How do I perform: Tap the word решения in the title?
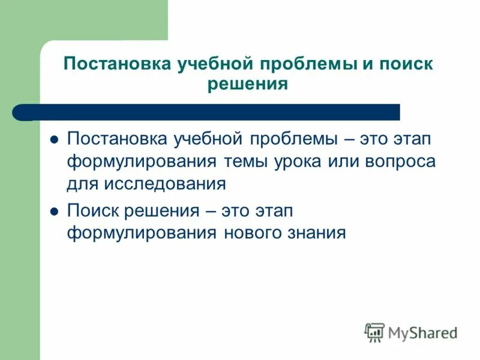pos(248,84)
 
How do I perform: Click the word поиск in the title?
pos(406,64)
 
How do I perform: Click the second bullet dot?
pos(53,211)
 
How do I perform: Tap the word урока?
pos(307,161)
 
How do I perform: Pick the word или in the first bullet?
pos(350,161)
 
